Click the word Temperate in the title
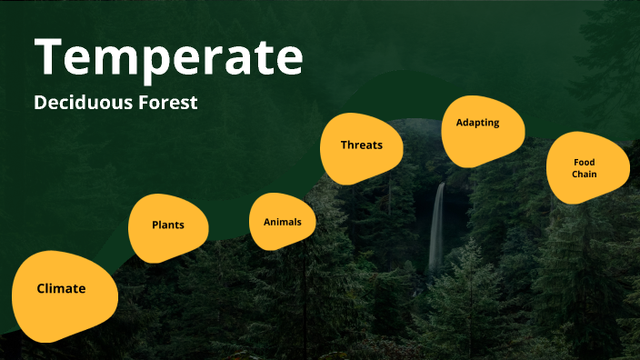(x=169, y=57)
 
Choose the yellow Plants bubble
(x=168, y=225)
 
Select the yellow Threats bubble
(x=361, y=145)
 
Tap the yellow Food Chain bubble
(x=586, y=168)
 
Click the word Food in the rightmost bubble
(x=585, y=163)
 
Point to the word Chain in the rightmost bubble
(x=585, y=174)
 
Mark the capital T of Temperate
(x=53, y=57)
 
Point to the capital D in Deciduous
(x=40, y=103)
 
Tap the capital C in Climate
(x=41, y=289)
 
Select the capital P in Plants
(x=155, y=225)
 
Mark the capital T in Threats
(x=345, y=145)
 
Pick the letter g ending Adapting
(x=495, y=124)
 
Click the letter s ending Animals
(x=299, y=222)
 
